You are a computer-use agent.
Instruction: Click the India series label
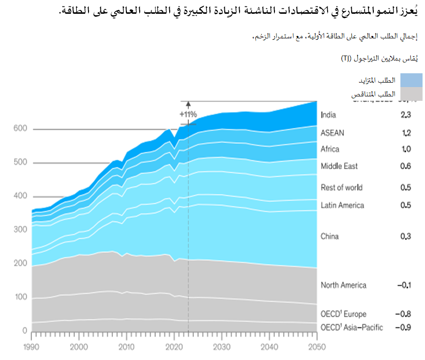[x=328, y=115]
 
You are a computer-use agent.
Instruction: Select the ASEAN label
[x=333, y=133]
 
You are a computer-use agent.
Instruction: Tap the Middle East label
[x=339, y=166]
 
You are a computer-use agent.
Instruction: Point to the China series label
[x=330, y=237]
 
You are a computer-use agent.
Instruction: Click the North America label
[x=343, y=285]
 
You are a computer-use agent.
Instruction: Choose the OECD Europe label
[x=343, y=314]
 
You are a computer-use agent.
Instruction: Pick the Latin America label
[x=342, y=205]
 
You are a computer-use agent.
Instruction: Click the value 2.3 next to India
[x=405, y=115]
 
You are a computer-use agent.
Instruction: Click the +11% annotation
[x=188, y=114]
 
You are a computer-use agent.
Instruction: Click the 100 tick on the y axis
[x=20, y=297]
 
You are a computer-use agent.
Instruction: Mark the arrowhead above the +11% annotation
[x=188, y=103]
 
